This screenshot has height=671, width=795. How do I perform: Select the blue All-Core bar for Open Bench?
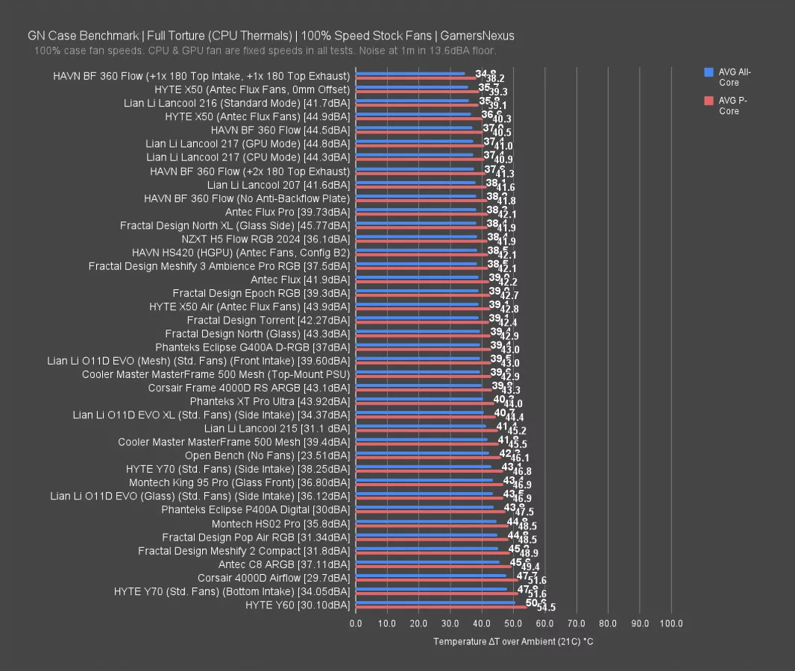[x=422, y=453]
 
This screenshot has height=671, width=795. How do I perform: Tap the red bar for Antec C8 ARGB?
[x=433, y=567]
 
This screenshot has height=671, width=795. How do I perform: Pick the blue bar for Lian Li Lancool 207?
[x=415, y=182]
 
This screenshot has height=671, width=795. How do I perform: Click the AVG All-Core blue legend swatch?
[x=708, y=72]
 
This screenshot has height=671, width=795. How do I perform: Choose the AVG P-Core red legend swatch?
[x=708, y=101]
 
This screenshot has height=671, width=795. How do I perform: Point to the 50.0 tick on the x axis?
[x=514, y=623]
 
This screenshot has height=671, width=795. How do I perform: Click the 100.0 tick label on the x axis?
[x=671, y=623]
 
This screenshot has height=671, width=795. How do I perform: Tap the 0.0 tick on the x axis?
[x=356, y=623]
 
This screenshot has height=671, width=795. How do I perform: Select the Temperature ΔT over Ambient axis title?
[x=513, y=641]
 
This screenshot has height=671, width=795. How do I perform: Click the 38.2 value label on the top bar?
[x=495, y=78]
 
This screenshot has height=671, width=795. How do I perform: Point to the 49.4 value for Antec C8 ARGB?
[x=530, y=567]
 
